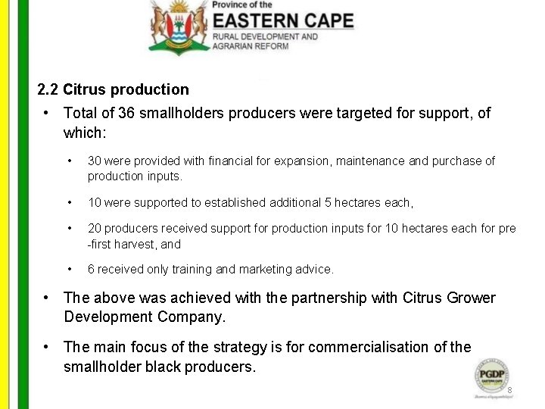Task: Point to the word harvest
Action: [141, 244]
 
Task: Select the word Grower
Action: [469, 298]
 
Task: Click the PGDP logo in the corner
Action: [491, 376]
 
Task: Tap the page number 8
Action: [510, 391]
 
